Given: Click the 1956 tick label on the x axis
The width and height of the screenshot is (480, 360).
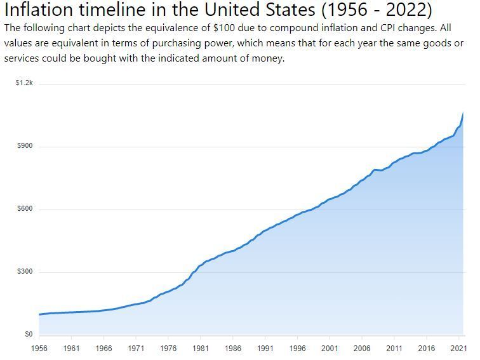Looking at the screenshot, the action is click(39, 349).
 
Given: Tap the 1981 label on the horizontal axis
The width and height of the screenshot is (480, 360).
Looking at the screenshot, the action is click(201, 349).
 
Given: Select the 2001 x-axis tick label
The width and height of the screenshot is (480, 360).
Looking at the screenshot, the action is click(330, 349).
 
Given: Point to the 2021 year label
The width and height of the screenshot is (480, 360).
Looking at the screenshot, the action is click(458, 349).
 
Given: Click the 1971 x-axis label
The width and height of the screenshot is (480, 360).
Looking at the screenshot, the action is click(136, 349).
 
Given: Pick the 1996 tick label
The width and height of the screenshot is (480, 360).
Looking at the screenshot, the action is click(297, 349).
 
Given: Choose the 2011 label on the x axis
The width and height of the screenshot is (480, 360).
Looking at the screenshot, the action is click(394, 349).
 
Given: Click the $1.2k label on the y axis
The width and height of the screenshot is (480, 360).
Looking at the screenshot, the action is click(24, 83).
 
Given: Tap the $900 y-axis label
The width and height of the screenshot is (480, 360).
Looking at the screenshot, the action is click(25, 146).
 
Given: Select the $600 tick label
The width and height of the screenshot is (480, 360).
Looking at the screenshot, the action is click(25, 209).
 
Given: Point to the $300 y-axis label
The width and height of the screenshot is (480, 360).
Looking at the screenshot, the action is click(25, 272).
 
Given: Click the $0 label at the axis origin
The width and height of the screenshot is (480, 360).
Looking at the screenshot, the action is click(29, 334).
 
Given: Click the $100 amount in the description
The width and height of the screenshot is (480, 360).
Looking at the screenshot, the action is click(224, 28).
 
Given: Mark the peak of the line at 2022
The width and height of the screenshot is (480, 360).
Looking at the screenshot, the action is click(463, 112).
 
